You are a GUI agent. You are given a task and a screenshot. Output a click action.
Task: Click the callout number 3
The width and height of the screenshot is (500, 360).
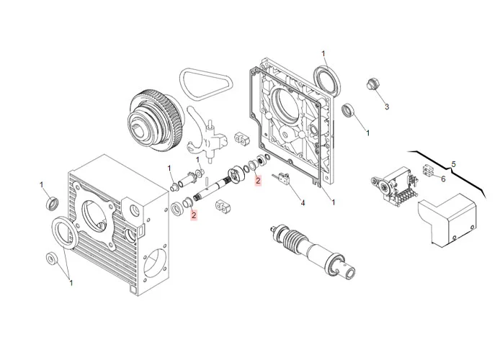point(386,107)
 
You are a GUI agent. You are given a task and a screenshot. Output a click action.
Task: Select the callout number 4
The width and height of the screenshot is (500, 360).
point(303,203)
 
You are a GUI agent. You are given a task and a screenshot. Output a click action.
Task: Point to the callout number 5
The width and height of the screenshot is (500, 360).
point(454,164)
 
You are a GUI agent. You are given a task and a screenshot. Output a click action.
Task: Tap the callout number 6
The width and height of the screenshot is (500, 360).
point(443,179)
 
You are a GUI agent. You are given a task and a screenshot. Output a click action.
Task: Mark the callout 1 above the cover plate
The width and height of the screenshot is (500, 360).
point(323,53)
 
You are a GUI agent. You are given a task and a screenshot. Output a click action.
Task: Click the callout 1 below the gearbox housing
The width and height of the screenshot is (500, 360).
point(71,283)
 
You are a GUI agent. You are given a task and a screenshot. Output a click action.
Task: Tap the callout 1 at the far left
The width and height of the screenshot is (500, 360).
point(42,185)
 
